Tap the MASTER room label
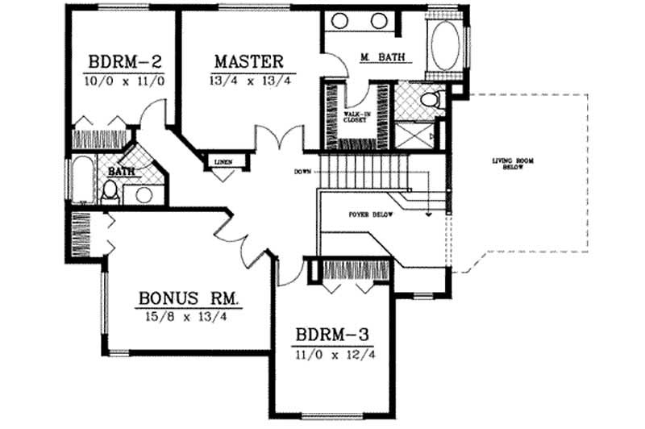248,61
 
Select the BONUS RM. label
189,299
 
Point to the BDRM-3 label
333,335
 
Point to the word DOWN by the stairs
303,171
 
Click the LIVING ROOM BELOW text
514,165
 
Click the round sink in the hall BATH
144,194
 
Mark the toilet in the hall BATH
111,192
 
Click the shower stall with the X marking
416,132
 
